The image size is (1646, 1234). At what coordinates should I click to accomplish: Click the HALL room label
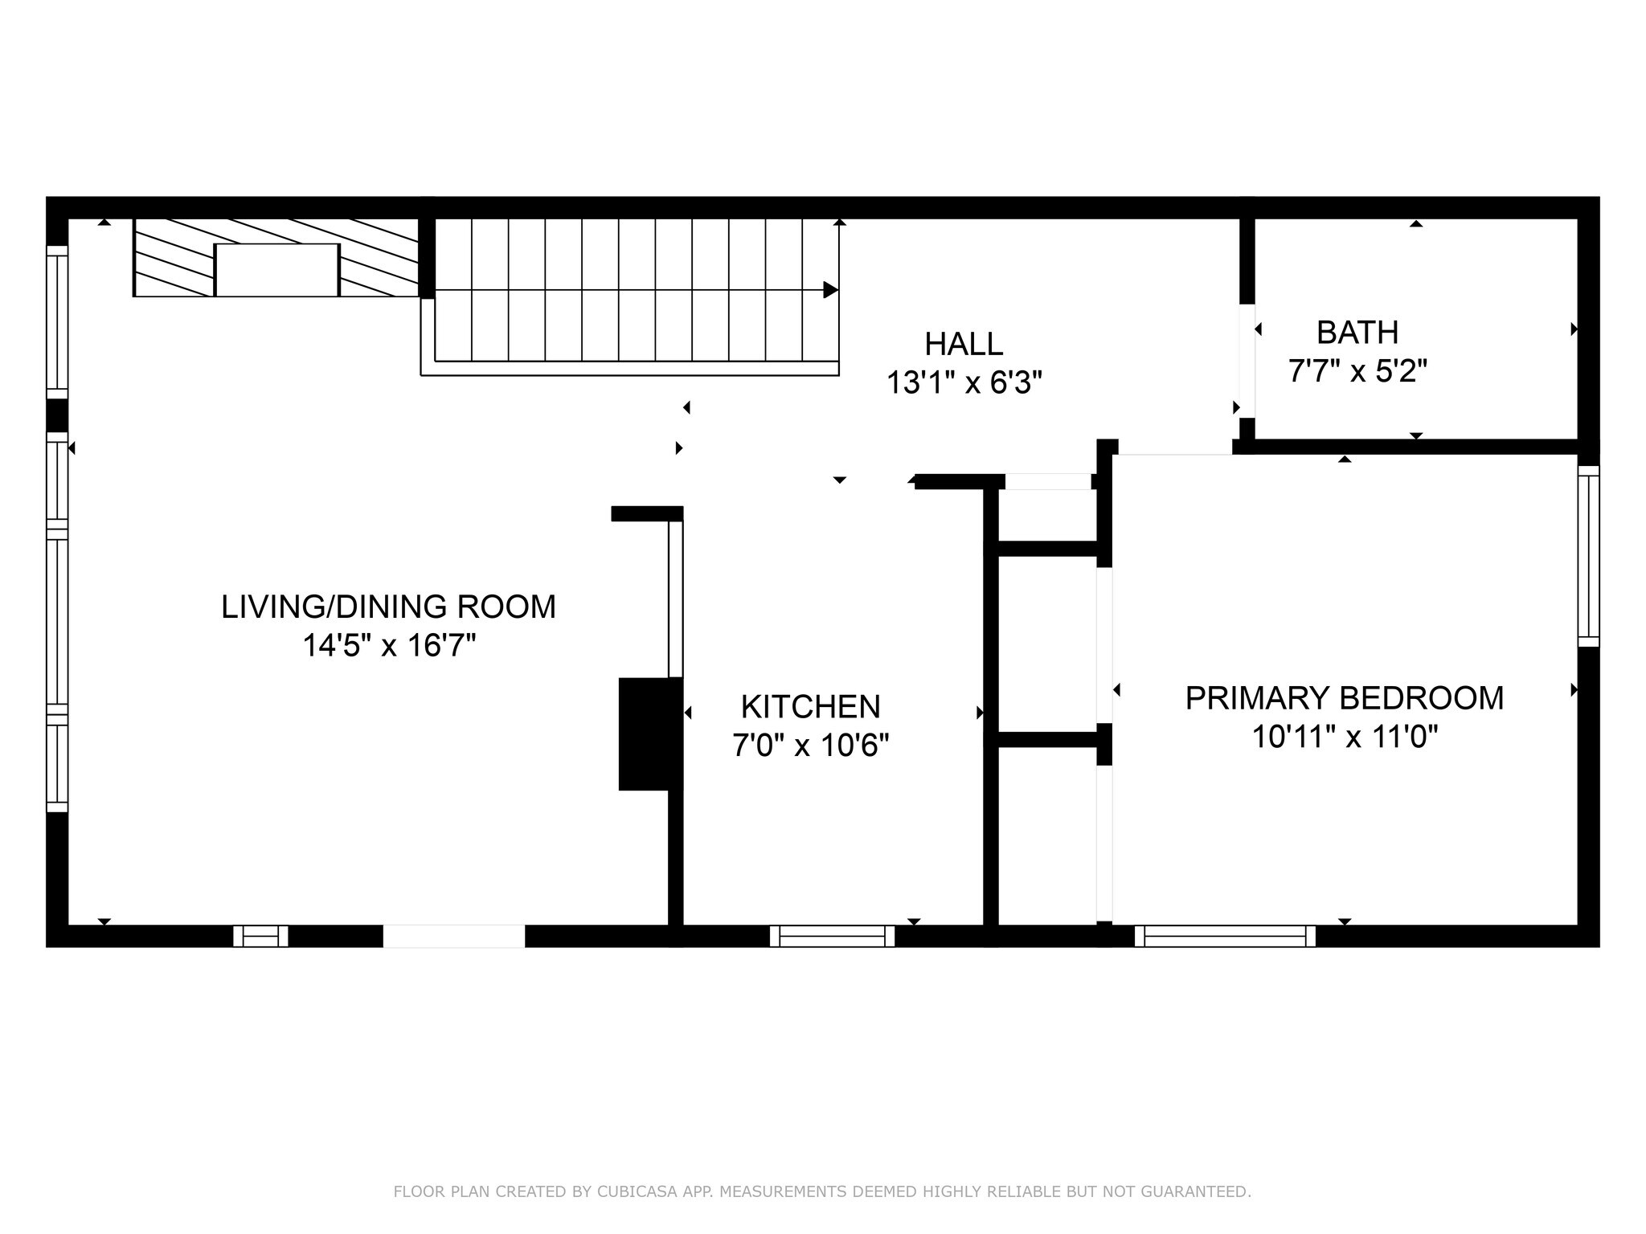coord(964,344)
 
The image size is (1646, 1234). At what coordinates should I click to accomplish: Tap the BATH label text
coord(1357,332)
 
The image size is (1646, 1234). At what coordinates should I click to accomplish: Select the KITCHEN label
coord(810,707)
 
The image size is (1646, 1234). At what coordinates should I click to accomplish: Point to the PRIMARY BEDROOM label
coord(1344,697)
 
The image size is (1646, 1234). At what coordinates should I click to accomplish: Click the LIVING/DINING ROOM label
coord(388,607)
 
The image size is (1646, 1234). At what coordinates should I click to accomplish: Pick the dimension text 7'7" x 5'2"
coord(1357,371)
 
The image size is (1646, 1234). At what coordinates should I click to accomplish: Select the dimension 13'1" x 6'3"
coord(964,383)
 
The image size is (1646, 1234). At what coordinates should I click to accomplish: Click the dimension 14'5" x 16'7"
coord(389,645)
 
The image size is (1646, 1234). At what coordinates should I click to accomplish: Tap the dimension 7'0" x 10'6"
coord(810,746)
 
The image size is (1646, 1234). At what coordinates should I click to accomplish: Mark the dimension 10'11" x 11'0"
coord(1344,736)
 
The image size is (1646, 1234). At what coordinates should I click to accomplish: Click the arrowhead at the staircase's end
coord(831,290)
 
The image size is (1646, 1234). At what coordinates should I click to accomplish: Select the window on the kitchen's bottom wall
coord(832,936)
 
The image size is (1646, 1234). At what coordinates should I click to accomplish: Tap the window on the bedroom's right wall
coord(1588,556)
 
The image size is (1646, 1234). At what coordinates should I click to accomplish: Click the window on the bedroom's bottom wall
coord(1225,936)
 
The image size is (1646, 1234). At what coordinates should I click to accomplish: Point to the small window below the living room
coord(260,936)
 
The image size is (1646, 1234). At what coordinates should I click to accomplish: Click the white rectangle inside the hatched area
coord(276,270)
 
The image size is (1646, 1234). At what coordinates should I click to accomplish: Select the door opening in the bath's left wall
coord(1247,360)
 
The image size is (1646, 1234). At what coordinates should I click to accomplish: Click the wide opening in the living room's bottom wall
coord(453,936)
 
